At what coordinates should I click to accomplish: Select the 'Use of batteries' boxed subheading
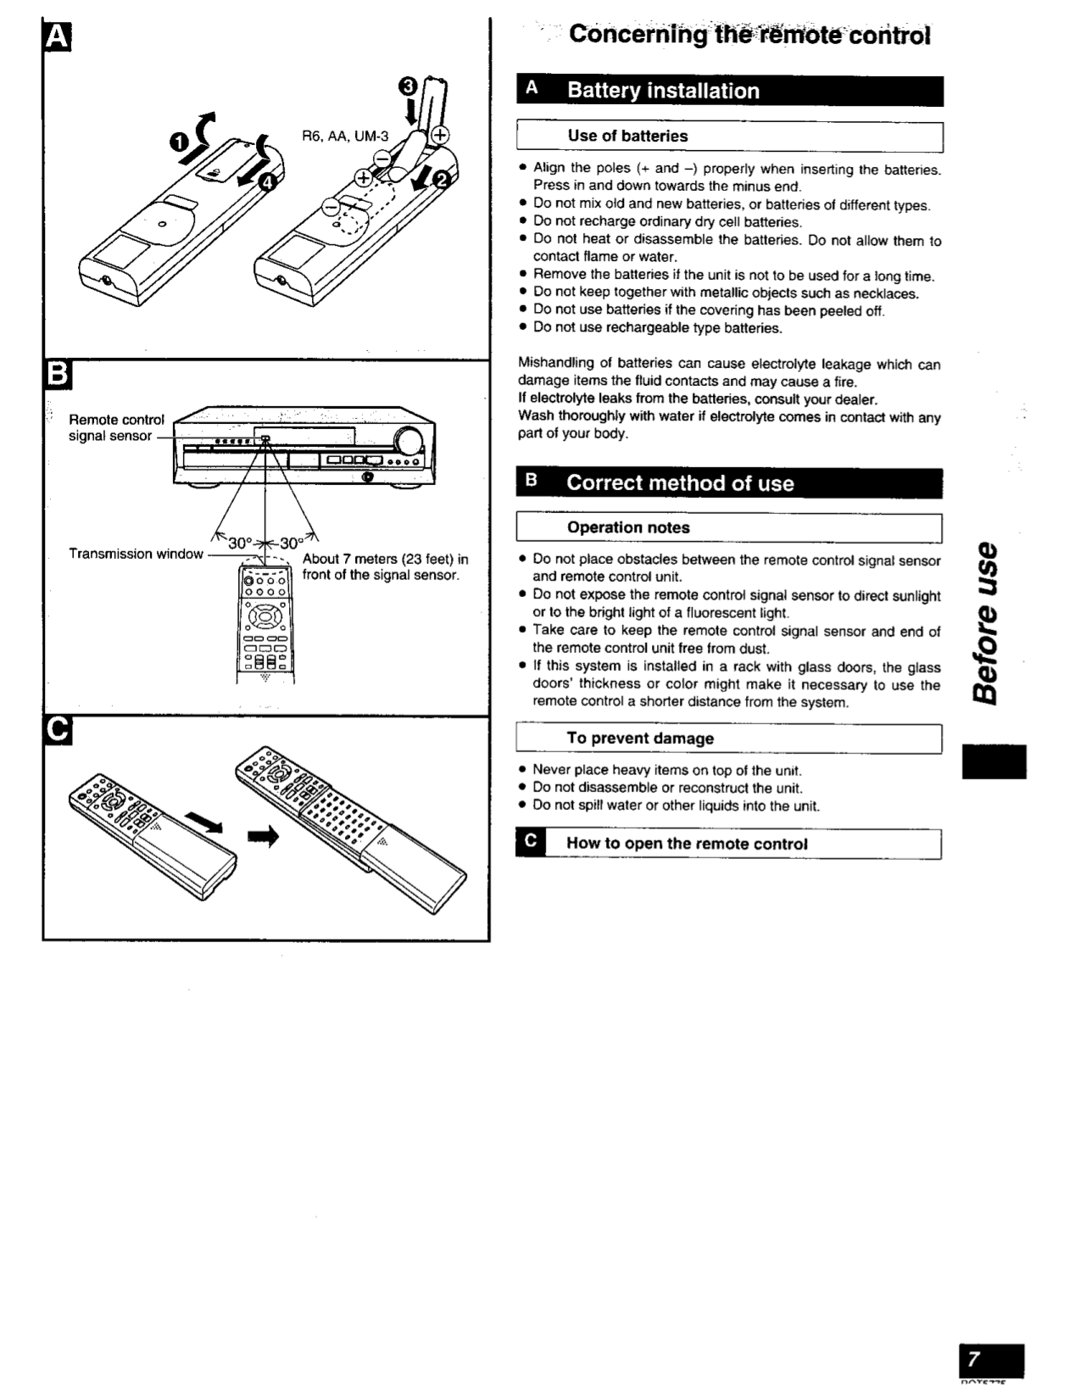pos(627,136)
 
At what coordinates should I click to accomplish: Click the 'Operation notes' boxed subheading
pos(628,527)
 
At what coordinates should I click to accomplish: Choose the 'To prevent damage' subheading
pos(640,739)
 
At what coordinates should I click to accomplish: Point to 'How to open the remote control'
pos(687,844)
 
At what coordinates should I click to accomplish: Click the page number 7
pos(974,1358)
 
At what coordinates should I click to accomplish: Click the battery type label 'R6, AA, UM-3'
pos(345,136)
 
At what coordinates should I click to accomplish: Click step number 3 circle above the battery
pos(408,86)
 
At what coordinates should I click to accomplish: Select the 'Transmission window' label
pos(136,554)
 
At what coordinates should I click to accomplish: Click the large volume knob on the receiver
pos(409,441)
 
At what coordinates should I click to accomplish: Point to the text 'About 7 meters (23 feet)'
pos(385,560)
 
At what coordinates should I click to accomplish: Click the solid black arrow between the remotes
pos(263,837)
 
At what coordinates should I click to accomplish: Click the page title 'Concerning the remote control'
pos(749,36)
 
